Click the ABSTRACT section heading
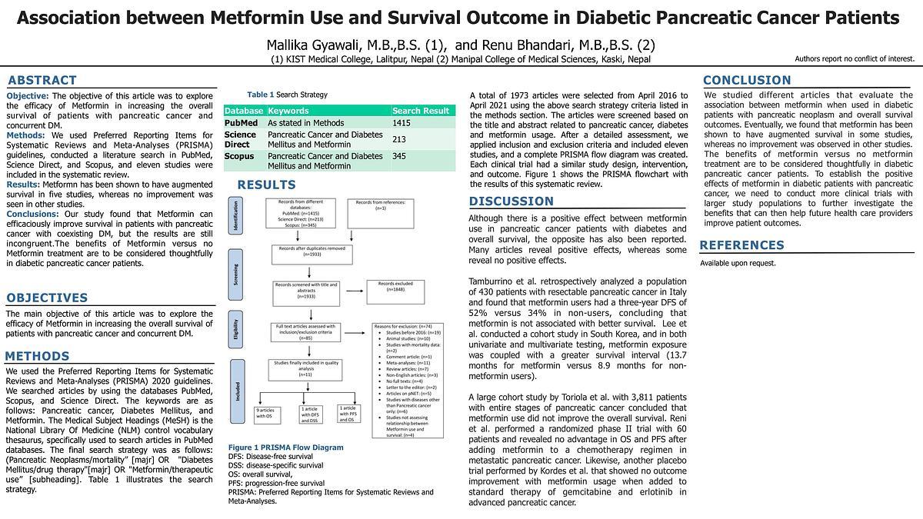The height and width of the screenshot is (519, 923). pyautogui.click(x=42, y=80)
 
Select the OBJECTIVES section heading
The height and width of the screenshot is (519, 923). pyautogui.click(x=47, y=298)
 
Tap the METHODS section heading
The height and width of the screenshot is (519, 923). pyautogui.click(x=37, y=356)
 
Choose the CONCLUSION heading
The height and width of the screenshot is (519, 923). pyautogui.click(x=746, y=80)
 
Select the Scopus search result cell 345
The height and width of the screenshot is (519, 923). pyautogui.click(x=399, y=156)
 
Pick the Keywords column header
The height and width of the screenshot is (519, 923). pyautogui.click(x=288, y=111)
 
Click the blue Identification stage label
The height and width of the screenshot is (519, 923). pyautogui.click(x=235, y=215)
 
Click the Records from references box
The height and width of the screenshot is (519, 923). pyautogui.click(x=381, y=205)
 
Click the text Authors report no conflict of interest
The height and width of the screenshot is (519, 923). pyautogui.click(x=854, y=58)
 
